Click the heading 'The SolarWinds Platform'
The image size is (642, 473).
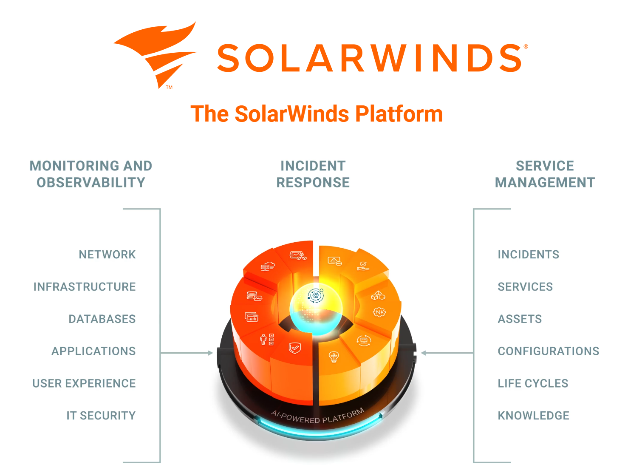pos(317,114)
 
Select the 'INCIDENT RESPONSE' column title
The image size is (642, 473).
pos(313,174)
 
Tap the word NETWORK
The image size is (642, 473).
pos(107,255)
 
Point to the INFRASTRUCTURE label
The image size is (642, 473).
pos(85,287)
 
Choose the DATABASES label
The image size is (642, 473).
pos(102,319)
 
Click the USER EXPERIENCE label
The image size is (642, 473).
pos(84,383)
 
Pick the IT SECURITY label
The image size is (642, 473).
pos(101,416)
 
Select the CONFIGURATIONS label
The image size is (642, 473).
pos(548,351)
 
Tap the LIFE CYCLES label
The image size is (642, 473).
pos(533,383)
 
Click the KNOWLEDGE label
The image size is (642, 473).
pos(533,416)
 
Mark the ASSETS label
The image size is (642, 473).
pos(520,319)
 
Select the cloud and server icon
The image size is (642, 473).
pos(268,266)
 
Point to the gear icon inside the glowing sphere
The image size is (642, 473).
pos(316,295)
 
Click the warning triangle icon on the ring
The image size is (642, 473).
pos(334,261)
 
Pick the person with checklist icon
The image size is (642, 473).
pos(267,340)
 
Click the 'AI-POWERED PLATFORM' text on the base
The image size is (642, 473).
pos(317,416)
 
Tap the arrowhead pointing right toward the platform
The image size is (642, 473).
pos(210,353)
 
